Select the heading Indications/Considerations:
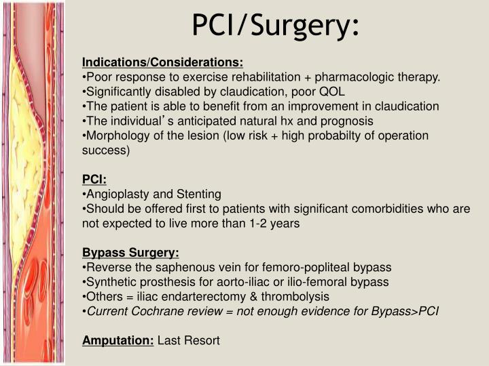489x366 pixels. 162,63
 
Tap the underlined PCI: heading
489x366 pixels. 94,179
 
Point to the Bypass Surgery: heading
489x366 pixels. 130,253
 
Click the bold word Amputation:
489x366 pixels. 118,340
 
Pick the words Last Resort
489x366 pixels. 189,340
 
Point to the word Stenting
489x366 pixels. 198,194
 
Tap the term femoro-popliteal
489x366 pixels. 306,267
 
